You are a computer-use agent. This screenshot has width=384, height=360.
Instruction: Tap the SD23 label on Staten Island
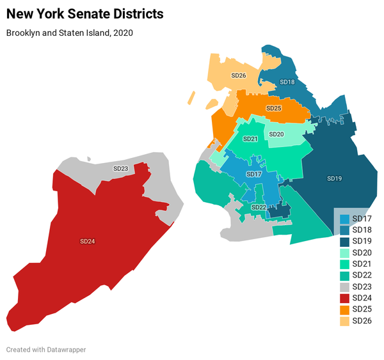[x=120, y=169]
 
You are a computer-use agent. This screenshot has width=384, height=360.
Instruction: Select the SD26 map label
[x=238, y=75]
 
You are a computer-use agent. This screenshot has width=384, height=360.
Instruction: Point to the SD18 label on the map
[x=287, y=82]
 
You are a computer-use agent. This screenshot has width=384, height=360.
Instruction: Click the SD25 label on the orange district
[x=273, y=109]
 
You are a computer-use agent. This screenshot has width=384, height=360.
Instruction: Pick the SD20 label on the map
[x=276, y=134]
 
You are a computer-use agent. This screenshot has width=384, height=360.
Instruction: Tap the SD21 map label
[x=250, y=139]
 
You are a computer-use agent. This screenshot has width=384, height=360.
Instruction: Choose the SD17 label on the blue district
[x=253, y=175]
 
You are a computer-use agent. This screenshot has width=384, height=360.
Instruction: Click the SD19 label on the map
[x=334, y=178]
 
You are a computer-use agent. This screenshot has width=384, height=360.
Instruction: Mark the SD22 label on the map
[x=259, y=207]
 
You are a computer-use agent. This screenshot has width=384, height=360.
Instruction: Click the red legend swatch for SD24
[x=344, y=299]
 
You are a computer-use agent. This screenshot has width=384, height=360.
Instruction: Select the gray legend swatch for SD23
[x=344, y=287]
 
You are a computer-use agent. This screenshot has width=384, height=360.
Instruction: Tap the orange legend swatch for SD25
[x=344, y=309]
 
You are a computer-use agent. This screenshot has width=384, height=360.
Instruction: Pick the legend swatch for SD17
[x=344, y=219]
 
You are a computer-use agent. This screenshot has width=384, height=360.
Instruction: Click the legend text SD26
[x=362, y=321]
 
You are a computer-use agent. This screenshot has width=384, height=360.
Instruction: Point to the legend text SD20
[x=362, y=253]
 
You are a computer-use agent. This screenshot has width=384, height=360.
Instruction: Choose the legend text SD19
[x=362, y=242]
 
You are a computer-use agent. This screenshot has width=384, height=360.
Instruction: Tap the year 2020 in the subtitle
[x=121, y=32]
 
